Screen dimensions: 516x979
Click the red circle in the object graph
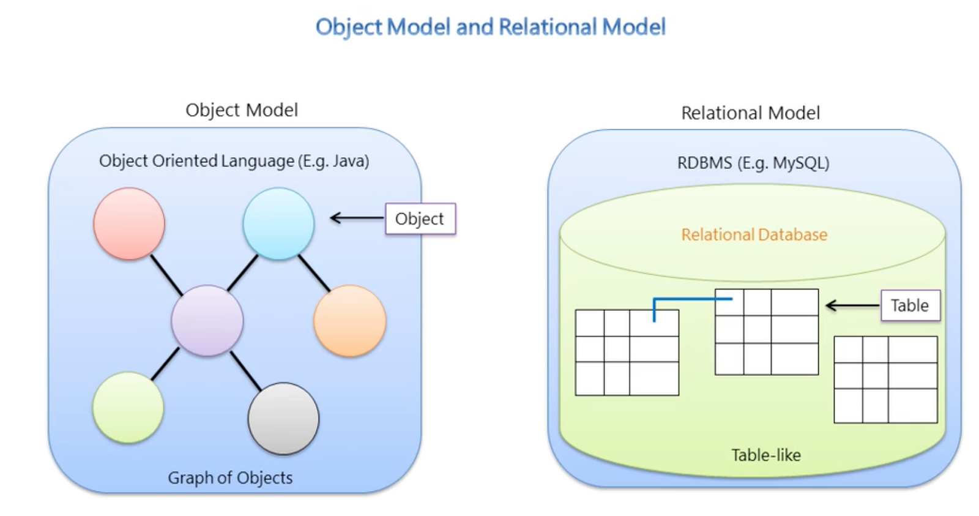(x=128, y=223)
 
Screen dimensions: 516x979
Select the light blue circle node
(x=278, y=223)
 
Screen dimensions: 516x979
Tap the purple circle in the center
(x=207, y=320)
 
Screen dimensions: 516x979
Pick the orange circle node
(x=349, y=320)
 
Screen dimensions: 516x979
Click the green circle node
(x=128, y=407)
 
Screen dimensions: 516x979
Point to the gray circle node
(x=283, y=419)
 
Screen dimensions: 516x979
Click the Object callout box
(x=420, y=219)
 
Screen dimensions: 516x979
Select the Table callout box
(x=909, y=305)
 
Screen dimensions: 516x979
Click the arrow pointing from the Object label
(x=356, y=217)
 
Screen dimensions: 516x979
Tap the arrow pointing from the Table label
(x=852, y=305)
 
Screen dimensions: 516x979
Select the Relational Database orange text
(x=754, y=234)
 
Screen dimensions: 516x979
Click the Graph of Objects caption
(x=230, y=477)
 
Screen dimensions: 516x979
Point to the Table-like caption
(x=765, y=455)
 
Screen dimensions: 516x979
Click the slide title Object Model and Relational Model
(x=490, y=27)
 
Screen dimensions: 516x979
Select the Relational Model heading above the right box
(x=750, y=113)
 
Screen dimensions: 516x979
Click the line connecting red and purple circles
(x=166, y=275)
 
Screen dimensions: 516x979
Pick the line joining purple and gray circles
(x=246, y=371)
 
